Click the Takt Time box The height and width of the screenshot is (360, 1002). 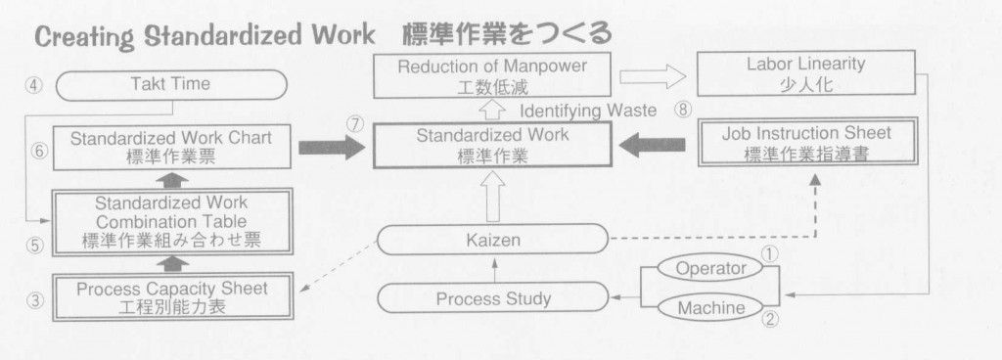tap(170, 85)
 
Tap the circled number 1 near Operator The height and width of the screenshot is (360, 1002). tap(769, 252)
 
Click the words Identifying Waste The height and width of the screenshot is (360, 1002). tap(589, 111)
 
